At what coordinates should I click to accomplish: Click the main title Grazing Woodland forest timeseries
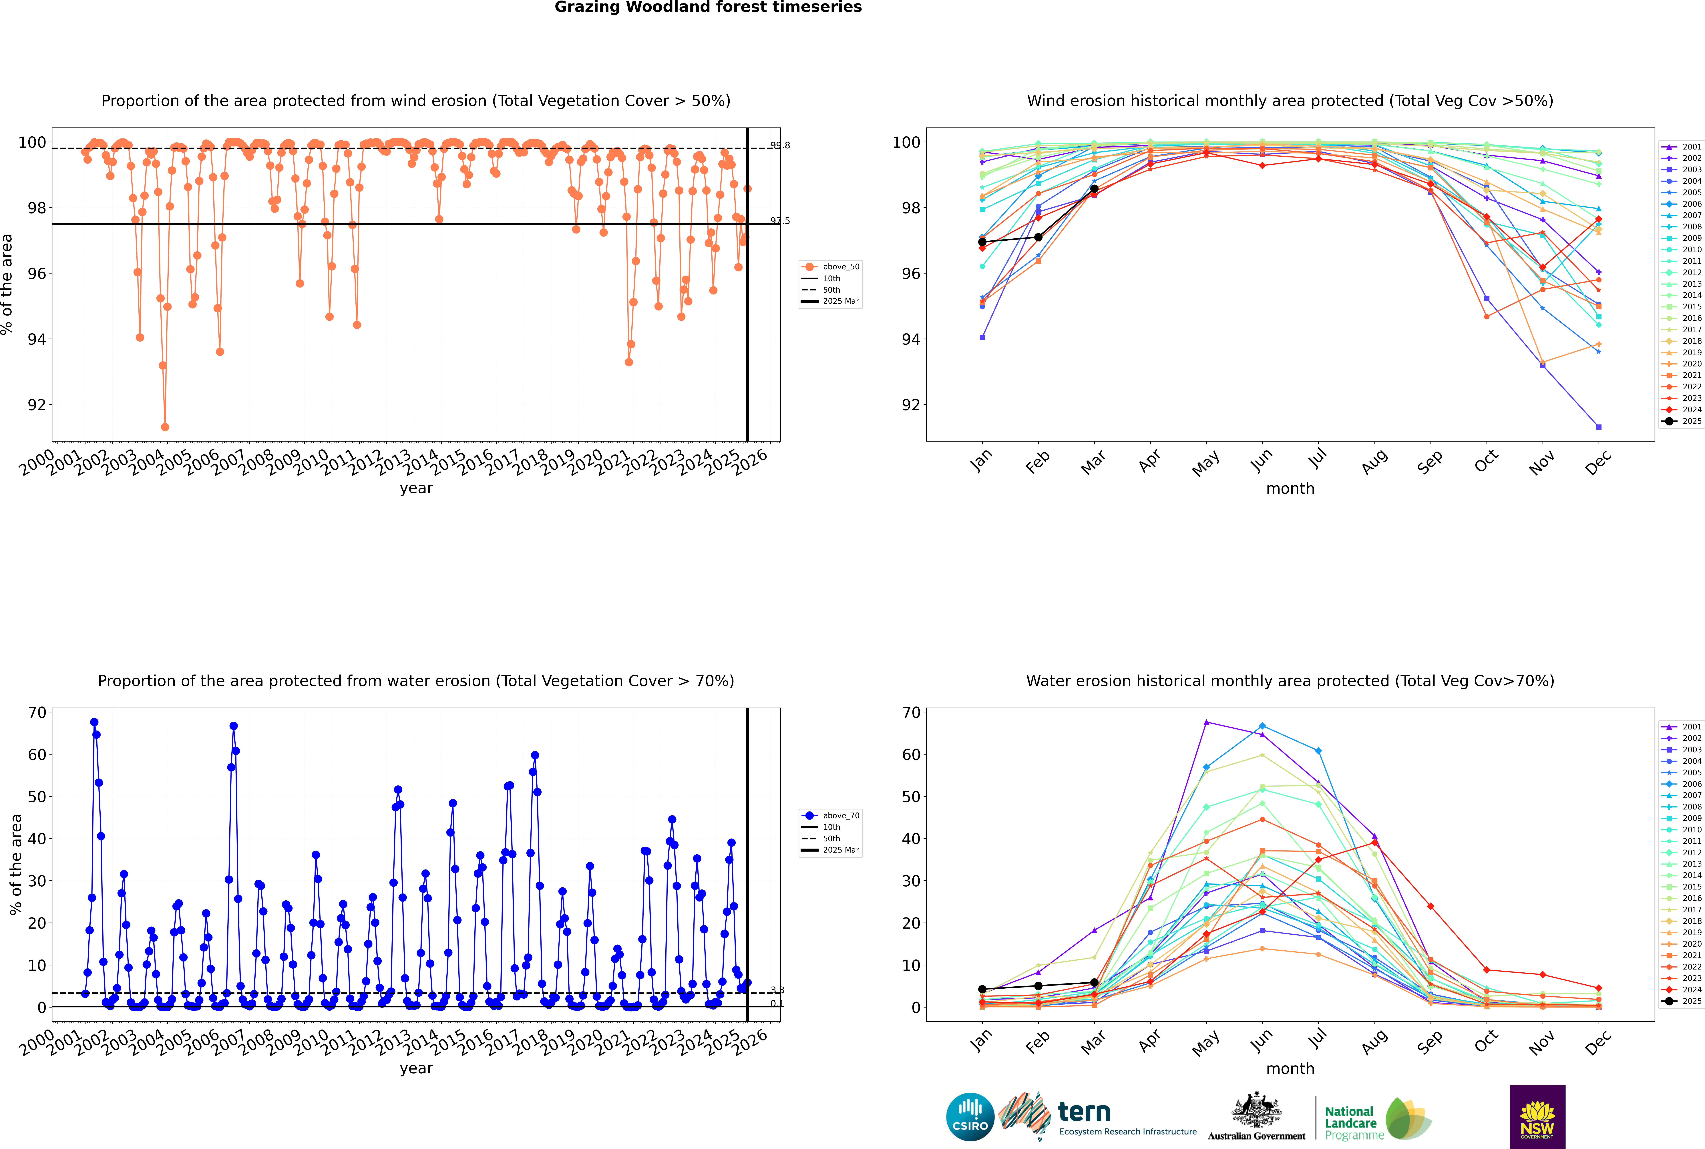[708, 7]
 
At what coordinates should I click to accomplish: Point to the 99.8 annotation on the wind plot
[780, 145]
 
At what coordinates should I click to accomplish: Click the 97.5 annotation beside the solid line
[780, 221]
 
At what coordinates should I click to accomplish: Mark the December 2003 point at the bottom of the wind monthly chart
[1599, 426]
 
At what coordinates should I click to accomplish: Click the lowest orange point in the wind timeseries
[165, 426]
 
